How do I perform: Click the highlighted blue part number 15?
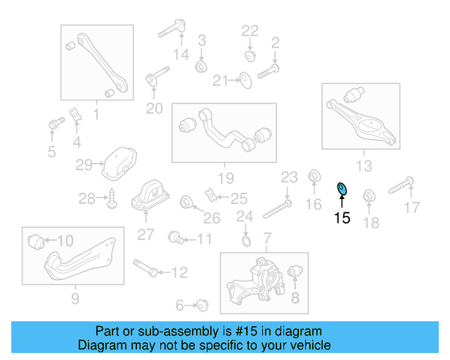tap(342, 189)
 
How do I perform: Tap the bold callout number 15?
tap(342, 218)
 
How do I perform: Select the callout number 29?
tap(84, 165)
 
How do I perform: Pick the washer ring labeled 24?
tap(245, 243)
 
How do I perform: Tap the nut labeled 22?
tap(249, 54)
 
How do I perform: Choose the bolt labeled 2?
tap(269, 70)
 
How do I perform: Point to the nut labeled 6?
tap(202, 304)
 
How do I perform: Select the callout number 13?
tap(364, 166)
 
